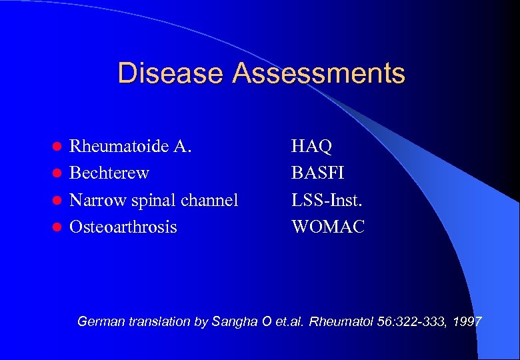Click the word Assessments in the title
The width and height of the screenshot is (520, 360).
[x=319, y=73]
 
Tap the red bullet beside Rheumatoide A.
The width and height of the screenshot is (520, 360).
[x=58, y=147]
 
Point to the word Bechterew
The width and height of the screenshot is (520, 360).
[x=109, y=173]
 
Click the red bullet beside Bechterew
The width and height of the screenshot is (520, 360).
[x=58, y=174]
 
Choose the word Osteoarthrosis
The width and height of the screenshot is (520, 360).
[x=123, y=227]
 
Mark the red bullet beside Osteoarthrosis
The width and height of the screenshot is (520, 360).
[x=58, y=228]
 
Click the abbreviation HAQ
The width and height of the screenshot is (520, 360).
[x=312, y=146]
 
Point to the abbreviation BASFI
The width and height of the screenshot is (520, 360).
[x=318, y=173]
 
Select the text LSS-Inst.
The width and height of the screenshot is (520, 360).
[x=327, y=201]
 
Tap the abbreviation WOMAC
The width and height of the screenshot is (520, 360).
[x=328, y=227]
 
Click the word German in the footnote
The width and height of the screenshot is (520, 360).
[x=99, y=322]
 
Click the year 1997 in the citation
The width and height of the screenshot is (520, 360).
[x=467, y=322]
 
